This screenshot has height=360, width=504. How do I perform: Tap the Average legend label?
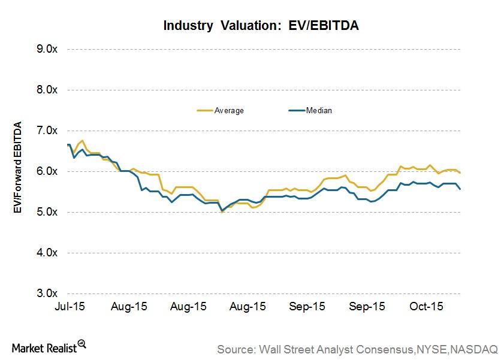click(229, 110)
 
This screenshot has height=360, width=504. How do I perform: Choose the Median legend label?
click(319, 110)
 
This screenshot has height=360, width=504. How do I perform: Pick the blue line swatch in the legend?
click(296, 110)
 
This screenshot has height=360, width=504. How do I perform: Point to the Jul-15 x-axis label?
click(69, 306)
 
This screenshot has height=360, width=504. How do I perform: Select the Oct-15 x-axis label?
click(426, 306)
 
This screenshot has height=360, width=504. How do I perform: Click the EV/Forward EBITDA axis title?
click(19, 168)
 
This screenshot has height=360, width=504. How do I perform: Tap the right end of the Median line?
click(460, 189)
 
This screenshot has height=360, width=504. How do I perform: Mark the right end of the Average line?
click(460, 173)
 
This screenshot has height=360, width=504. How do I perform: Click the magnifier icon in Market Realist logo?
click(82, 344)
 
